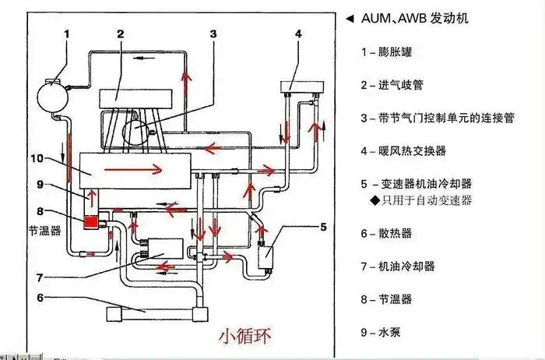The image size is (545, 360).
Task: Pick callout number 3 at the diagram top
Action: tap(213, 33)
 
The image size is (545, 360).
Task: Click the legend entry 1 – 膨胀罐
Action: tap(387, 52)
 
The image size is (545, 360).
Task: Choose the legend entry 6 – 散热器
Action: tap(386, 233)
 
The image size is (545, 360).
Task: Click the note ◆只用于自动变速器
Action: tap(425, 200)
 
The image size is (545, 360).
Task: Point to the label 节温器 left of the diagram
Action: tap(40, 231)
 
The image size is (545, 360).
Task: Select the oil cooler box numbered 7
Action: tap(162, 250)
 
